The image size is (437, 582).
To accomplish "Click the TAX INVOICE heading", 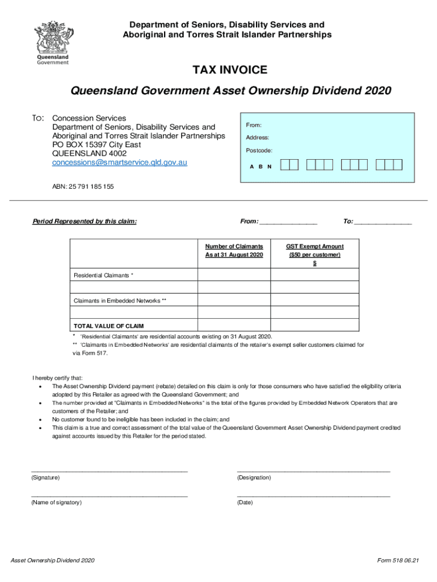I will coord(230,70).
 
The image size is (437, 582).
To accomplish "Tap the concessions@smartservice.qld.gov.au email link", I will coord(120,163).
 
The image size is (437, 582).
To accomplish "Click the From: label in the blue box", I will coord(253,124).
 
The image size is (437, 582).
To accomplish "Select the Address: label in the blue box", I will coord(257,138).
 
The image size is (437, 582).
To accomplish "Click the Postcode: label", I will coord(259,151).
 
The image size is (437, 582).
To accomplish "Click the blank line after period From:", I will coord(288,222).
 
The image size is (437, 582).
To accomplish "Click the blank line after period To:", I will coord(383,222).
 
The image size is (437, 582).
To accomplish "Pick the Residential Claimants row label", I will coord(104,275).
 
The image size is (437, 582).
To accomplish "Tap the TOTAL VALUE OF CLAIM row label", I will coord(108,326).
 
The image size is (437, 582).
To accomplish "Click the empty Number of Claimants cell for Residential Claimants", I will coord(234,275).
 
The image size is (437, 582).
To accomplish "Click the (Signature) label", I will coord(46,478).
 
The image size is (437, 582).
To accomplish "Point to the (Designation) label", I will coord(254,478).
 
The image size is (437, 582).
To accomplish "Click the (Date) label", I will coord(245,502).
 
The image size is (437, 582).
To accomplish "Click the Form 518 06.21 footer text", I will coord(398,561).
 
